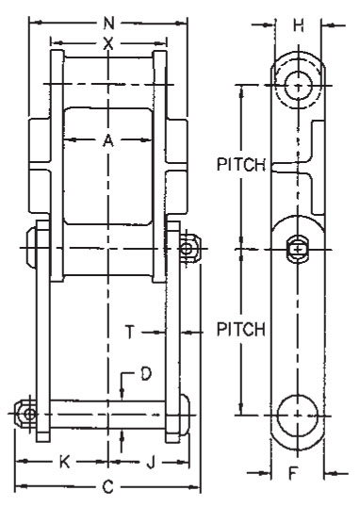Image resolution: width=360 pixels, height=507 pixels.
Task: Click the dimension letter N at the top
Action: pyautogui.click(x=109, y=23)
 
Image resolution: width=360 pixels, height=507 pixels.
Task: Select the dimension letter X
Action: pyautogui.click(x=108, y=43)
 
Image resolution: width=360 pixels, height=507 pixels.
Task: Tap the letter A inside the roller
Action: pyautogui.click(x=108, y=140)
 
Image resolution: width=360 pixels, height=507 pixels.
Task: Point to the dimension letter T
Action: pyautogui.click(x=130, y=332)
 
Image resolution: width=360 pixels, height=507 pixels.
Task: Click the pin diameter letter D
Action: pyautogui.click(x=146, y=374)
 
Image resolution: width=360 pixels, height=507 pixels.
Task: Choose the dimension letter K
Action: pyautogui.click(x=65, y=462)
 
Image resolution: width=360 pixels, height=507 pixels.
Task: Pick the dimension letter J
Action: pyautogui.click(x=151, y=463)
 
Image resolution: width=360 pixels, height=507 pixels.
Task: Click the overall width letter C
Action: pyautogui.click(x=108, y=486)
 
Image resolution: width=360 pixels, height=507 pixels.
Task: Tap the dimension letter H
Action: pyautogui.click(x=298, y=25)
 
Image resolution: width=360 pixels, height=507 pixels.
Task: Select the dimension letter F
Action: pyautogui.click(x=292, y=473)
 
